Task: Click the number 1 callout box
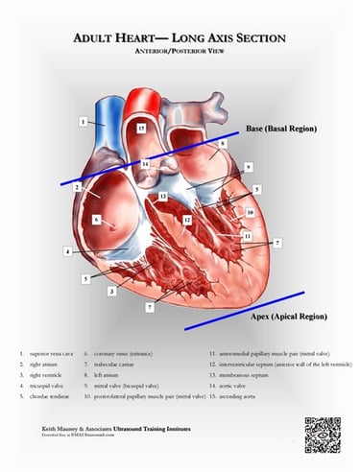click(x=84, y=122)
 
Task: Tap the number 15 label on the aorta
click(x=140, y=127)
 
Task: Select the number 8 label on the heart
click(x=221, y=144)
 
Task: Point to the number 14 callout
click(x=145, y=165)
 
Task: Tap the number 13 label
click(x=163, y=197)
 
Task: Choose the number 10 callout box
click(x=250, y=213)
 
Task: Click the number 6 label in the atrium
click(x=96, y=220)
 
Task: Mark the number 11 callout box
click(x=247, y=236)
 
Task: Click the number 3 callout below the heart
click(x=112, y=290)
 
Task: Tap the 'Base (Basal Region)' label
click(x=280, y=128)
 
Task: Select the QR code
click(x=323, y=435)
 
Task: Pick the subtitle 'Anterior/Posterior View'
click(x=180, y=54)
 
